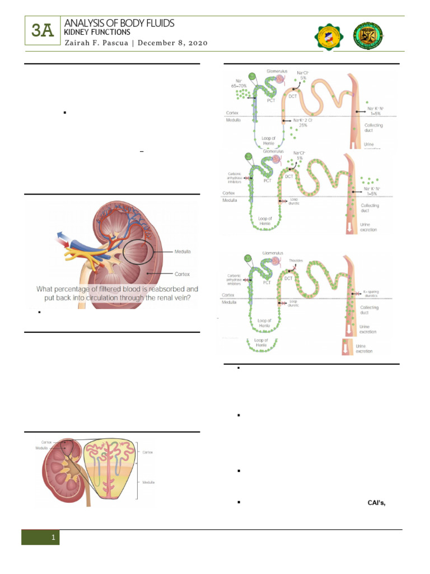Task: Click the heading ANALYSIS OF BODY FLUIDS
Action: [119, 23]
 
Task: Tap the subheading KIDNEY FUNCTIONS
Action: [97, 33]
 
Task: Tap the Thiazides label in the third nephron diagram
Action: [296, 260]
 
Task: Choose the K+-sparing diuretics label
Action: [372, 294]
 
